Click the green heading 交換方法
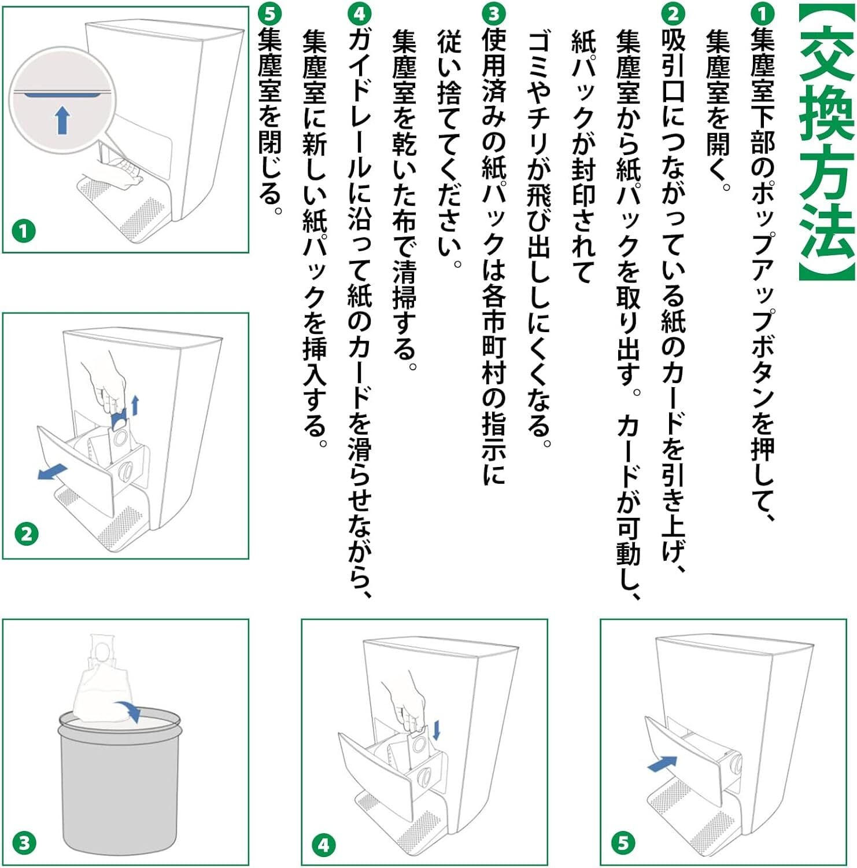point(826,142)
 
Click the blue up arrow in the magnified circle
point(62,120)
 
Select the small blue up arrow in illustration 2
point(135,405)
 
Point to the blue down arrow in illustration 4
point(436,730)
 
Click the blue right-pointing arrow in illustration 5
point(662,764)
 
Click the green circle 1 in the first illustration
point(24,231)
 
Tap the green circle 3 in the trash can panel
point(24,843)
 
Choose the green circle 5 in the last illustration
point(622,843)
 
